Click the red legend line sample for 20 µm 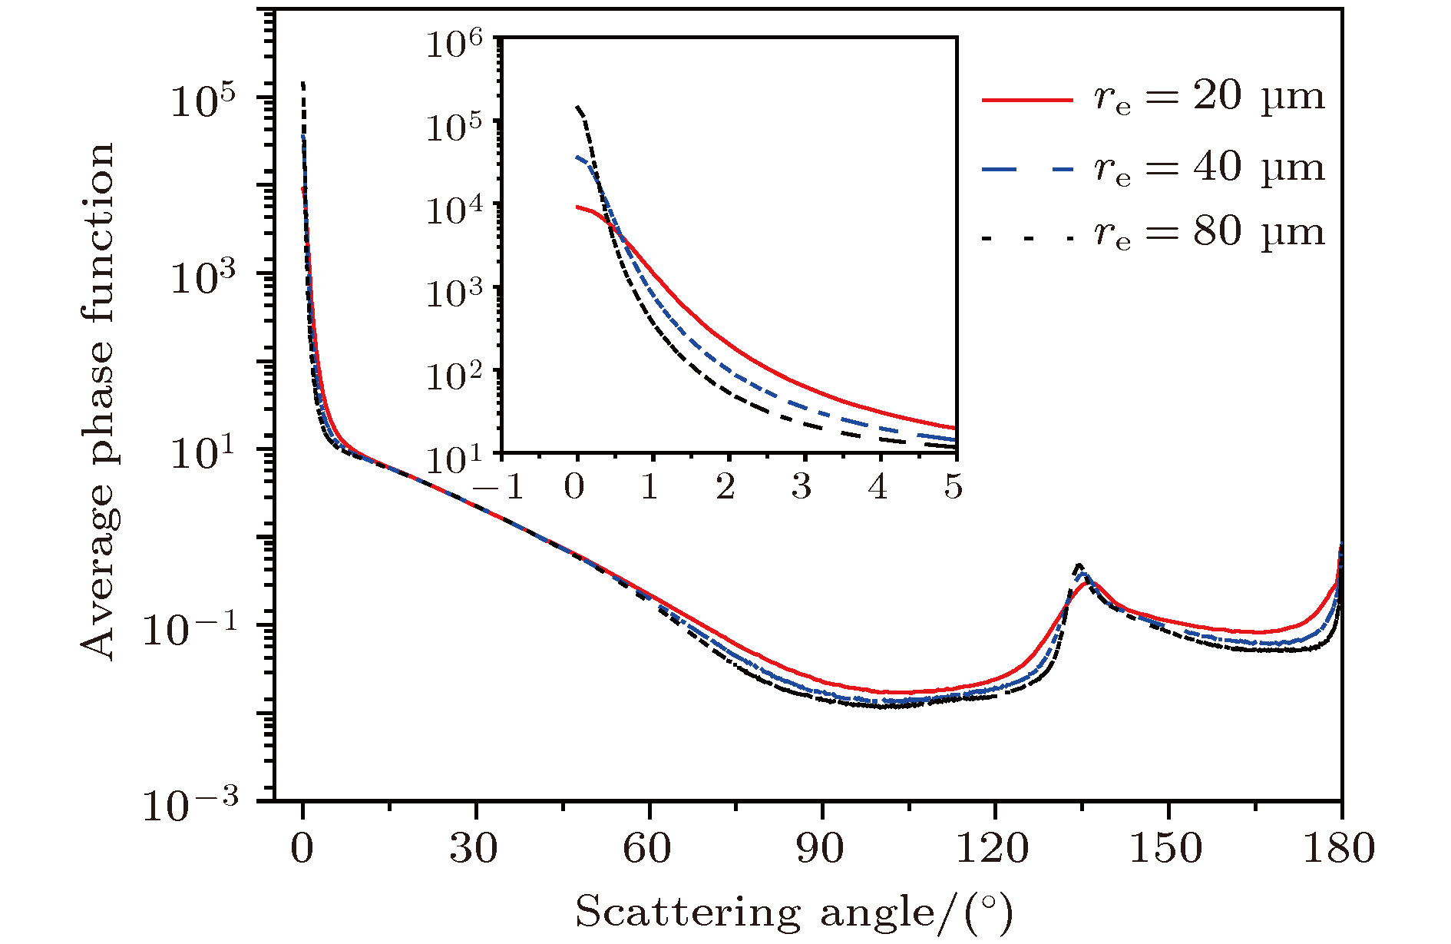click(x=1027, y=99)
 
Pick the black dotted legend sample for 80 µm click(x=1027, y=239)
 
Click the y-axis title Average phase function click(x=98, y=401)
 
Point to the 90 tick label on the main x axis click(x=821, y=850)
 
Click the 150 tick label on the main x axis click(x=1166, y=850)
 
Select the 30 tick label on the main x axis click(x=474, y=850)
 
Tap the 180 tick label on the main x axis click(x=1339, y=850)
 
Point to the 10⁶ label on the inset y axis click(x=455, y=45)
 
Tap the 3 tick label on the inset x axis click(x=802, y=486)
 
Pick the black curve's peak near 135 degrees click(x=1079, y=565)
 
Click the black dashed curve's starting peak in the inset click(x=577, y=107)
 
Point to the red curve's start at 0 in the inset click(x=577, y=207)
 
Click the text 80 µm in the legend click(x=1259, y=232)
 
